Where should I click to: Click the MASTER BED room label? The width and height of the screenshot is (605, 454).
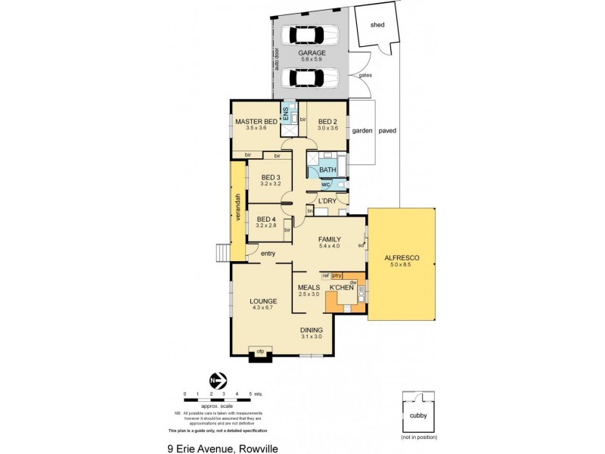[x=256, y=121]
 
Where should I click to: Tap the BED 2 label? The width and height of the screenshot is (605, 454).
[x=327, y=121]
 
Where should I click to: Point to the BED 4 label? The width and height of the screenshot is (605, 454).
[x=270, y=219]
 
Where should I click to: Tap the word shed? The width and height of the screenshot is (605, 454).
[x=377, y=25]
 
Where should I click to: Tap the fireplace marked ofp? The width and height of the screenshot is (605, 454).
[x=260, y=351]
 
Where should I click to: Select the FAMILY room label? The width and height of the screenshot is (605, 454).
[x=330, y=238]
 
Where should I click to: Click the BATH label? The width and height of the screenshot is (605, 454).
[x=327, y=170]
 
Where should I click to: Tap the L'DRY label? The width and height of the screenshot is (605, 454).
[x=327, y=201]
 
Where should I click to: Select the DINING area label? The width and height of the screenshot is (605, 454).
[x=312, y=330]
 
